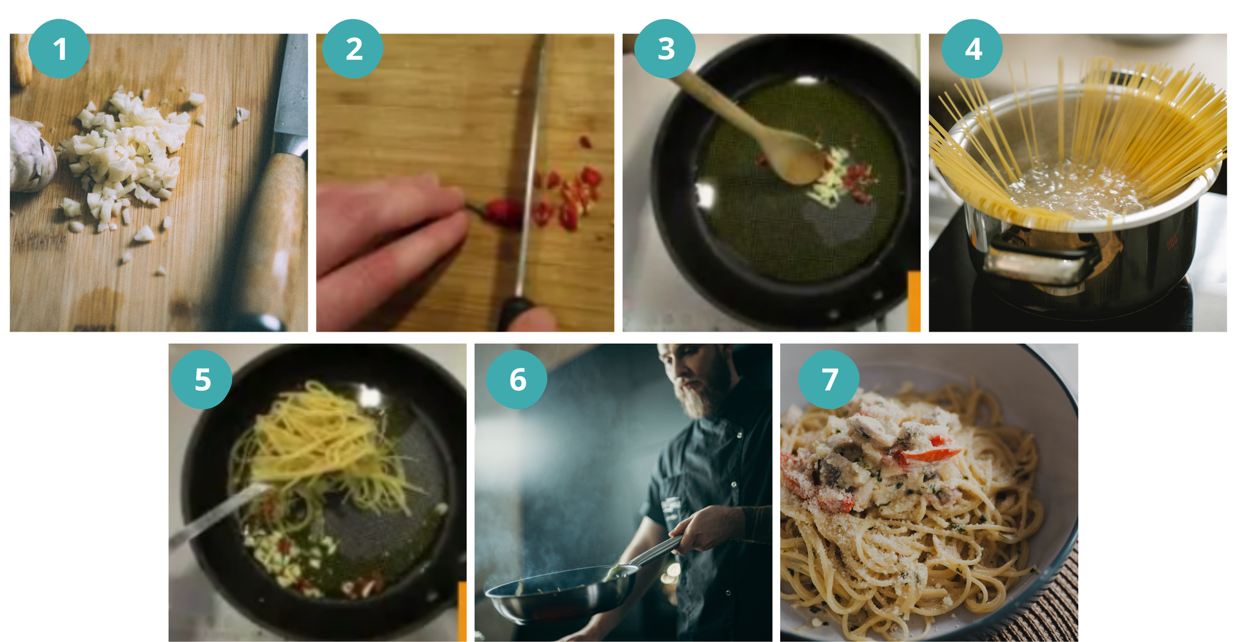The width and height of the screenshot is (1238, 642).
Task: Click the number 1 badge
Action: [x=59, y=49]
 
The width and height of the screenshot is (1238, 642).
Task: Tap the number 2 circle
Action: [x=353, y=49]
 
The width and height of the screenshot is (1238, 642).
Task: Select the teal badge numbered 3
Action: [x=665, y=49]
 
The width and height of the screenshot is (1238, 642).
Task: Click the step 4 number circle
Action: [x=972, y=49]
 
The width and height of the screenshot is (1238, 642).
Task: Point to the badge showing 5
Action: [x=202, y=379]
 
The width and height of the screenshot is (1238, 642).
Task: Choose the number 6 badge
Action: [x=516, y=379]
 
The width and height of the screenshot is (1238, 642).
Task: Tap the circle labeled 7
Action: [x=829, y=379]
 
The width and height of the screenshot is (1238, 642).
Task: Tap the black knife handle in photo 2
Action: [x=516, y=313]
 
